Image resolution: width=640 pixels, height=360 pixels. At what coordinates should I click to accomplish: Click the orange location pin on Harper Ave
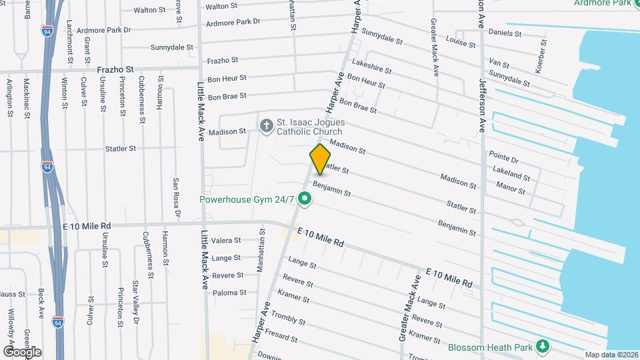coord(321,159)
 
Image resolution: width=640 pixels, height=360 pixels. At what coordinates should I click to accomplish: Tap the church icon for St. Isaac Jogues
coord(266,125)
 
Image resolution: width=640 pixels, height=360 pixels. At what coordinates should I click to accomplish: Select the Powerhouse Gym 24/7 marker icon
coord(305,198)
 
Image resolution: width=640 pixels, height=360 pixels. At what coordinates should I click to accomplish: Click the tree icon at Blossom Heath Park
coord(543,346)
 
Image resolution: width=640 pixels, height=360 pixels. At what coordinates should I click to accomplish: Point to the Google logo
coord(21,351)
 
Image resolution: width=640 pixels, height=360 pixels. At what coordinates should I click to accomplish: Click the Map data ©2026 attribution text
coord(611,355)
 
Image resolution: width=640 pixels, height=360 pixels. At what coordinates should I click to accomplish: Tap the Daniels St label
coord(505,32)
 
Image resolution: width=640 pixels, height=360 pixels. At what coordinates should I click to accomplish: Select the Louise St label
coord(461,42)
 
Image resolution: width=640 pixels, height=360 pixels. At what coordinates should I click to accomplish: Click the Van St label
coord(499,64)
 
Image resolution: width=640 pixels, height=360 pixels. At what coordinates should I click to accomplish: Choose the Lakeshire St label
coord(371,68)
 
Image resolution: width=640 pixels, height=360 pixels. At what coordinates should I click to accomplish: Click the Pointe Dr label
coord(504,159)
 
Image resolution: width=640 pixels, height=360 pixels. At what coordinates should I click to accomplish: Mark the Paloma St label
coord(229,292)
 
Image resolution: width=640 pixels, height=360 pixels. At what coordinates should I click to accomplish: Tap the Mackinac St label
coord(27,97)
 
